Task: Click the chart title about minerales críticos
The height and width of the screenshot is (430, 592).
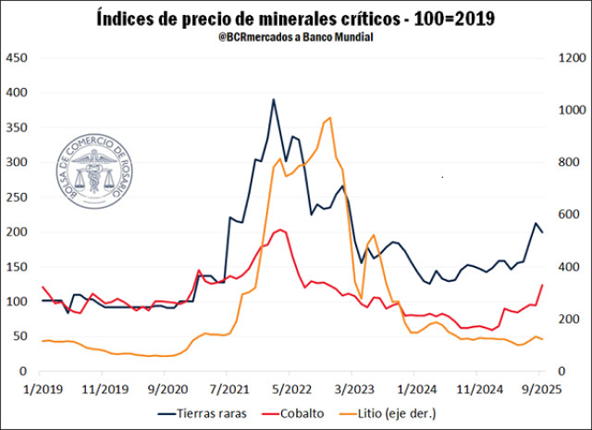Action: click(x=296, y=17)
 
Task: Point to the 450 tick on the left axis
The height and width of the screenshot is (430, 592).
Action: click(x=18, y=58)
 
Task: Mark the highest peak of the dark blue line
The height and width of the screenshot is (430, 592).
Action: click(x=273, y=99)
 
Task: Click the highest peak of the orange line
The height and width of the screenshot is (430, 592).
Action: click(x=331, y=118)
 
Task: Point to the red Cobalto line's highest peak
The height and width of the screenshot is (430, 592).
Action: click(x=279, y=229)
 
